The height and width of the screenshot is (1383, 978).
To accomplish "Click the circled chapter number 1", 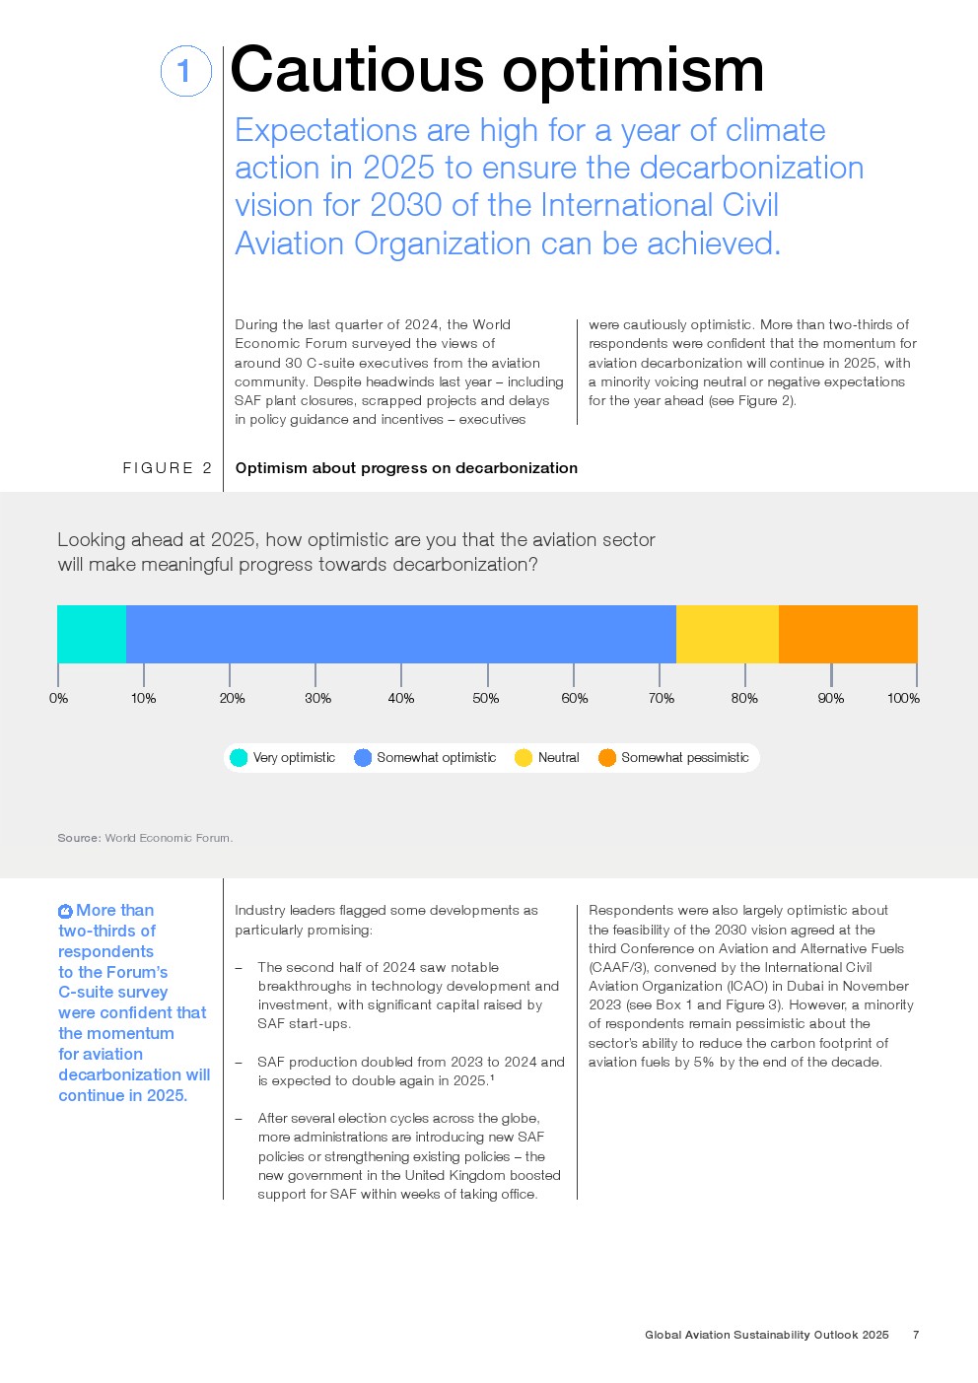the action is [186, 71].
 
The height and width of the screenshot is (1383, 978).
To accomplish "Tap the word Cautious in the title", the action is [357, 70].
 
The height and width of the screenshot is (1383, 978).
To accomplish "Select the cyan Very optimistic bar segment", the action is [92, 634].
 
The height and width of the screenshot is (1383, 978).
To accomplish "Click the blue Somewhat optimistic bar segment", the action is [401, 634].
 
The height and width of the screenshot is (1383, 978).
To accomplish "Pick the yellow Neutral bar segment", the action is [728, 634].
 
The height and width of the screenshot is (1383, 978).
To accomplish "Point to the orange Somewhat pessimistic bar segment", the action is [848, 634].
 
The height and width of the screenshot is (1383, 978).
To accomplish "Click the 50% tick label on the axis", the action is [486, 698].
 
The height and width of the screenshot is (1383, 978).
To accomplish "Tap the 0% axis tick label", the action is [58, 698].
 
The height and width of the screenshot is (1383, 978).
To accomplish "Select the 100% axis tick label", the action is [903, 698].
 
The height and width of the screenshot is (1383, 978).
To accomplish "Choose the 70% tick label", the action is [661, 698].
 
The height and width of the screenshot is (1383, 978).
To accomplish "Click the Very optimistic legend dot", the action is [239, 758].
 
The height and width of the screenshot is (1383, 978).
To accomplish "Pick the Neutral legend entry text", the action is [559, 758].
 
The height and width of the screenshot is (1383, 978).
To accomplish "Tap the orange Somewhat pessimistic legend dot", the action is [607, 758].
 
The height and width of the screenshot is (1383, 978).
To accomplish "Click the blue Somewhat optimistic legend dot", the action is [363, 758].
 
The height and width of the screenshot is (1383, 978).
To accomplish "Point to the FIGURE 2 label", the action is [168, 468].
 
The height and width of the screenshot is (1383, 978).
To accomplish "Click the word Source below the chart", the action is [79, 838].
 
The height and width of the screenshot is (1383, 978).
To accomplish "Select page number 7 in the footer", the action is [916, 1335].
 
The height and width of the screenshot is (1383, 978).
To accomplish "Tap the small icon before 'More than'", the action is [65, 911].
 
